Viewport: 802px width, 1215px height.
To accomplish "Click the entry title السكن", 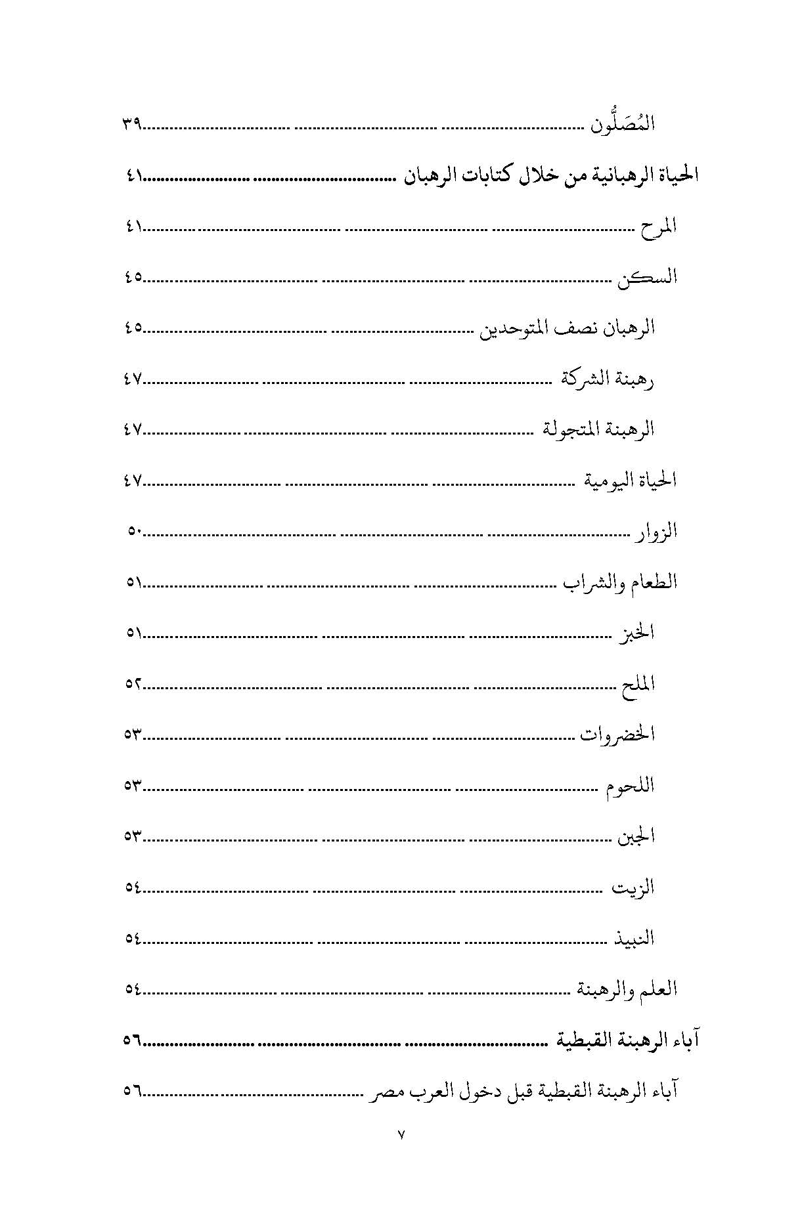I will (647, 278).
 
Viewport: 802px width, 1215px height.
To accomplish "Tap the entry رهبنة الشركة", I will (608, 379).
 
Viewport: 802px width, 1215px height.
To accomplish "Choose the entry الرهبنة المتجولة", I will (599, 430).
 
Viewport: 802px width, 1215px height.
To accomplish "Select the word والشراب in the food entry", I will (587, 583).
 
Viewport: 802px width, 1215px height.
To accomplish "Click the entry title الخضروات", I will (617, 735).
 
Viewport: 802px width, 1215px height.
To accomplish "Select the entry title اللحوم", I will (631, 786).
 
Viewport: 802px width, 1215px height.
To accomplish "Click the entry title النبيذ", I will (634, 939).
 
